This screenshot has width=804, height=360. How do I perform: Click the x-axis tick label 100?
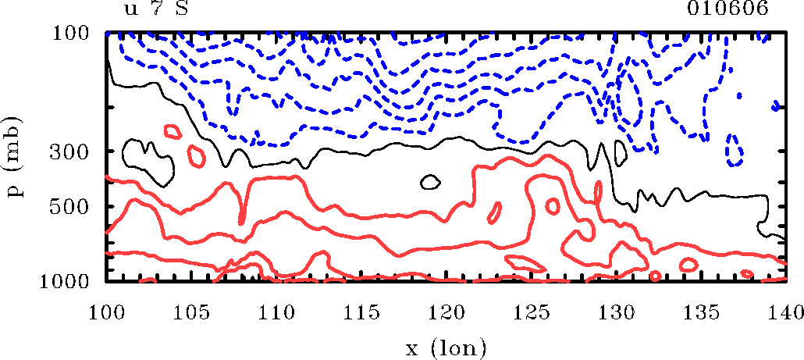(x=106, y=312)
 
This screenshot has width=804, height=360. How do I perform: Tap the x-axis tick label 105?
(x=191, y=312)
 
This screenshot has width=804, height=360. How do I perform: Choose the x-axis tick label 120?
(x=446, y=312)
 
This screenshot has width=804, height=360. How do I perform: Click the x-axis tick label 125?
(x=531, y=312)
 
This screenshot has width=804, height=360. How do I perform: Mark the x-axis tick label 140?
(x=784, y=312)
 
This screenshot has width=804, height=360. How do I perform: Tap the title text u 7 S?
(x=156, y=9)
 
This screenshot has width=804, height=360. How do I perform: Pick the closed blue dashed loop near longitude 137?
(x=734, y=150)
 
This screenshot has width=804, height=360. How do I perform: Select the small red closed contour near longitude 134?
(x=688, y=264)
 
